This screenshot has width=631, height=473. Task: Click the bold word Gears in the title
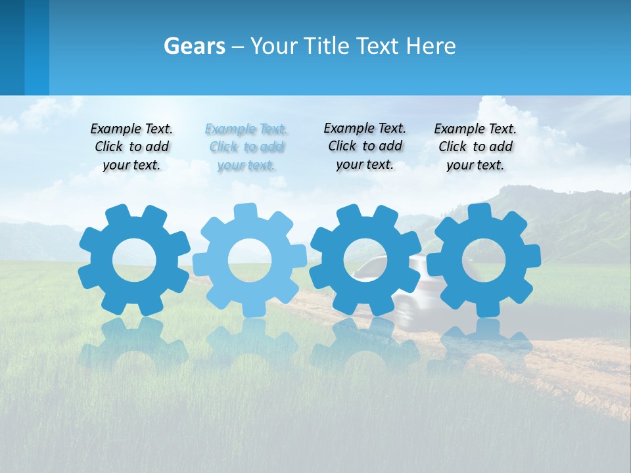(194, 46)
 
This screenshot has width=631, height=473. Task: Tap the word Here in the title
(431, 46)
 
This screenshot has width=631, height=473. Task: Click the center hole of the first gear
(134, 260)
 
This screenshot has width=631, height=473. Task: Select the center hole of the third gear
(365, 260)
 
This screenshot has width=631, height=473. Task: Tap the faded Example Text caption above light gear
(246, 147)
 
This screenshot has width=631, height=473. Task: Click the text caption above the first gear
(131, 147)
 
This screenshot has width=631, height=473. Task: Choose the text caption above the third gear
(365, 146)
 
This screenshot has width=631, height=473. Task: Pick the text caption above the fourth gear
(475, 147)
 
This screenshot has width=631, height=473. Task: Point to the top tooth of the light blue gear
(245, 212)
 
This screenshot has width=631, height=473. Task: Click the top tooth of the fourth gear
(479, 212)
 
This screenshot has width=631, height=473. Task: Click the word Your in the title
(276, 46)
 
